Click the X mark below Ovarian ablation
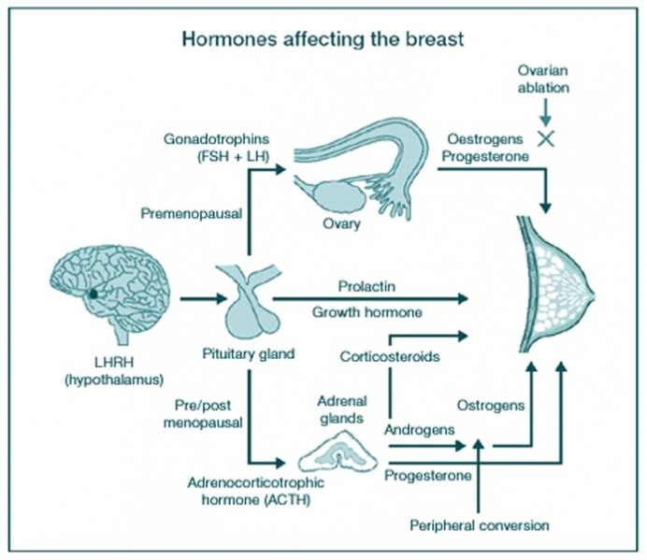pos(543,137)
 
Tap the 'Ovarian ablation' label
pos(543,80)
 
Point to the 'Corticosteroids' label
pos(384,357)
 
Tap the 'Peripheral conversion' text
pos(479,524)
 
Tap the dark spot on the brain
pos(93,294)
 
